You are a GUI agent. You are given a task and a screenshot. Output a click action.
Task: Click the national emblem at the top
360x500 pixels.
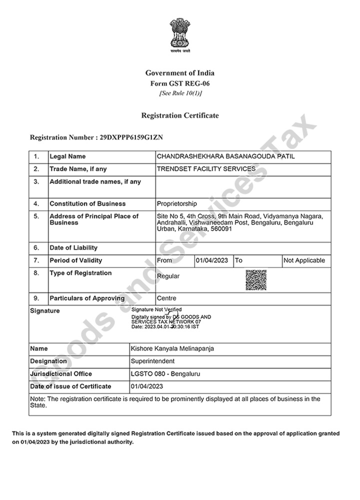coord(180,34)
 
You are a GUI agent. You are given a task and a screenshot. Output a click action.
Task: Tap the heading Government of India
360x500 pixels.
coord(180,73)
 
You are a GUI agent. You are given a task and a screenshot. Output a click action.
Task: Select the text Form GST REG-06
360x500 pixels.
coord(180,83)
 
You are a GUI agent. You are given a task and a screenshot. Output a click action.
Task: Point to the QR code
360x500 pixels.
coord(255,280)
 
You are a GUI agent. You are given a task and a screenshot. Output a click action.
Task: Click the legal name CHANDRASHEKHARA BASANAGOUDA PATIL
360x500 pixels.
coord(226,156)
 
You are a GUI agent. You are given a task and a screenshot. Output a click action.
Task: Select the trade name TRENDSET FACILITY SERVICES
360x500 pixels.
coord(206,169)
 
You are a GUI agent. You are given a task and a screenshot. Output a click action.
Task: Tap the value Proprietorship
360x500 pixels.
coord(177,204)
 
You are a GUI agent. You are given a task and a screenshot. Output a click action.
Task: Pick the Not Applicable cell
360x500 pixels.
coord(304,260)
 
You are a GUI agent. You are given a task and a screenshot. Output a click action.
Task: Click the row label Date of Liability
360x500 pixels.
coord(73,248)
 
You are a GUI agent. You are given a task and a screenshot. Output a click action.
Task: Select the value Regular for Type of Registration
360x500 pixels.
coord(168,276)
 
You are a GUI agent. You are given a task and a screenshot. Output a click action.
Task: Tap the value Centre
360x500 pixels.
coord(166,298)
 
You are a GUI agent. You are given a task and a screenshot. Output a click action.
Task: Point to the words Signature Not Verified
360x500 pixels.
coord(156,310)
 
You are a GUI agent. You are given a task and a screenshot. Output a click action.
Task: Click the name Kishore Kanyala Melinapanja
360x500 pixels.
coord(172,349)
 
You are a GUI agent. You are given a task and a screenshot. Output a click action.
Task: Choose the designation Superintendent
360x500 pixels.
coord(152,361)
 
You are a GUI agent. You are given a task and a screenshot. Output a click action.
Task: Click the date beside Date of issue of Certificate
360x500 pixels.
coord(147,386)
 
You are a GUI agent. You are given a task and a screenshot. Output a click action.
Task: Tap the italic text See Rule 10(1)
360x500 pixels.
coord(180,93)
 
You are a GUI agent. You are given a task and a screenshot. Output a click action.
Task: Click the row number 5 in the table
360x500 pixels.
coord(36,216)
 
